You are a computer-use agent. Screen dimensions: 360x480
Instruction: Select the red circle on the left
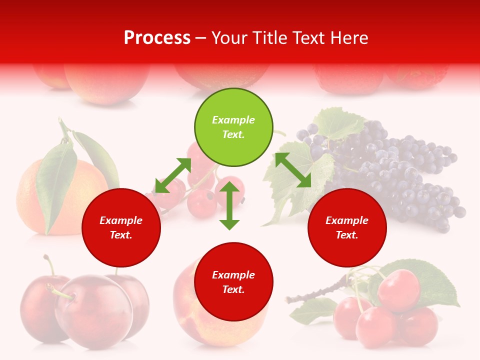[121, 228]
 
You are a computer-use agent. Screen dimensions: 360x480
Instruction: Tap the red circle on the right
[347, 228]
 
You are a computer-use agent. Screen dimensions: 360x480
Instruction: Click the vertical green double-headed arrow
[229, 206]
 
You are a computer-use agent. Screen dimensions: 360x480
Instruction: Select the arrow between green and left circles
[173, 175]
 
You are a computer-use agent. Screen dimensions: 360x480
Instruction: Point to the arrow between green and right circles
[293, 170]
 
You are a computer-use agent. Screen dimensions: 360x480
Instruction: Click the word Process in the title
[157, 37]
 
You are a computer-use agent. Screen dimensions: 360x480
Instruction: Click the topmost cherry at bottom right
[398, 290]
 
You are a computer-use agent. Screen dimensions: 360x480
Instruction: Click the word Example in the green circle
[233, 120]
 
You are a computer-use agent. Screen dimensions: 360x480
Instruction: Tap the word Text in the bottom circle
[232, 289]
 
